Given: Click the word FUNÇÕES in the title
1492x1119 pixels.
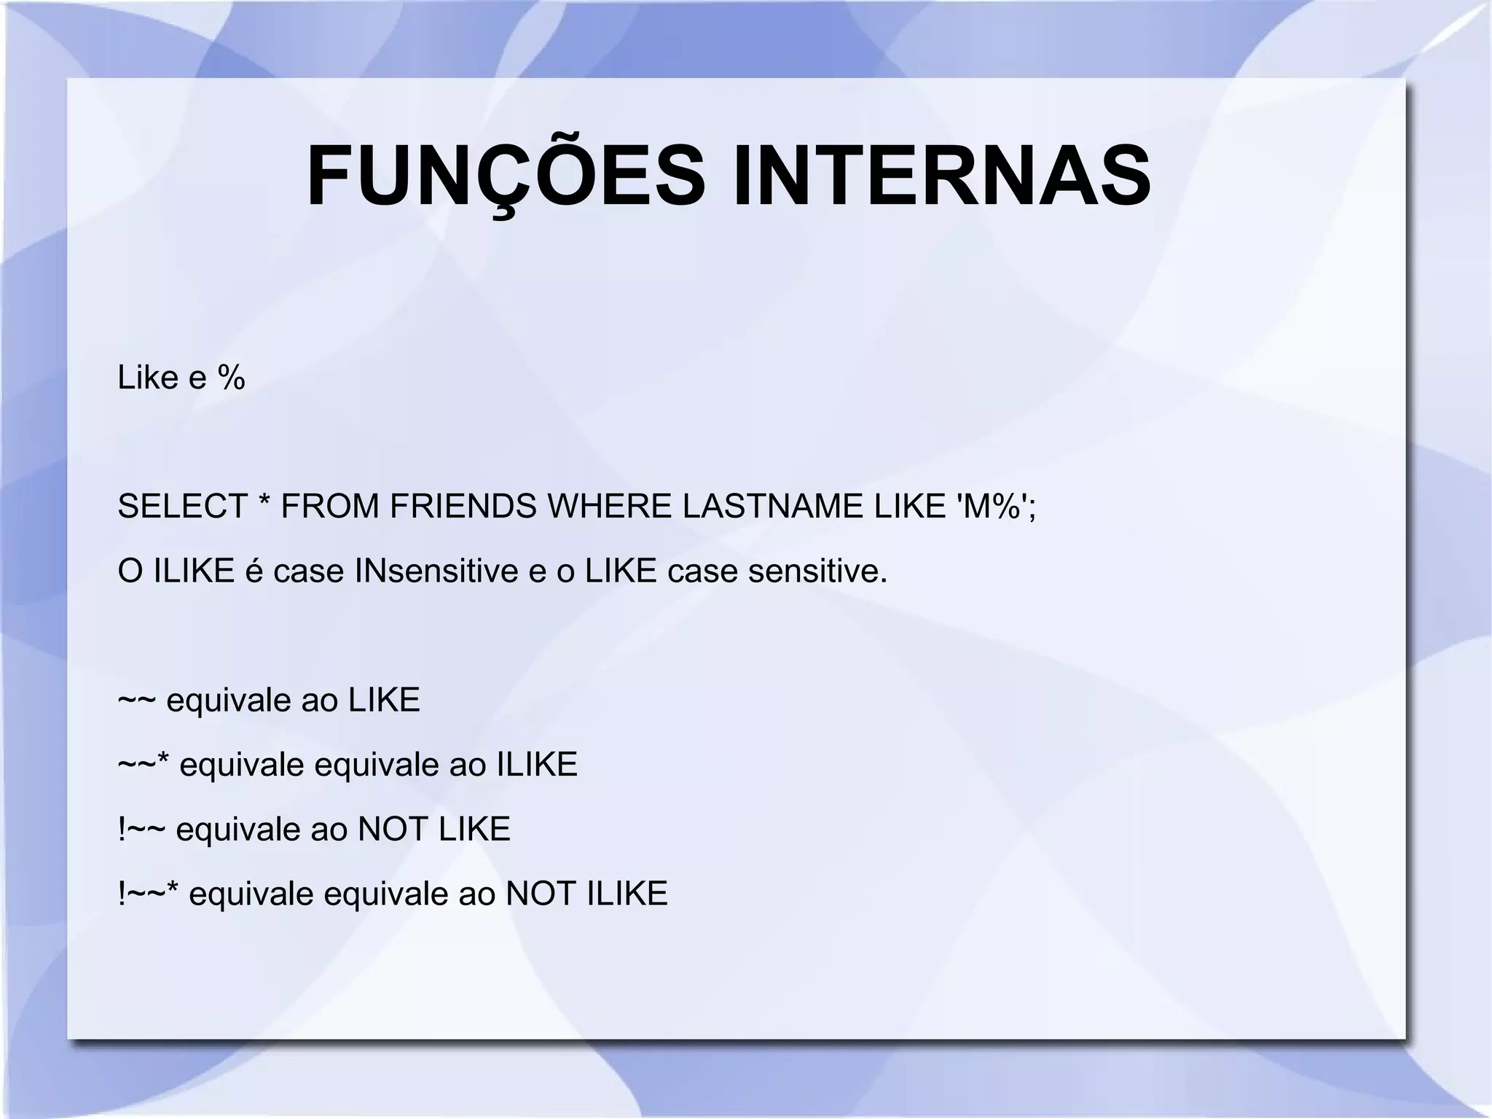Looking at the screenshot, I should (x=506, y=177).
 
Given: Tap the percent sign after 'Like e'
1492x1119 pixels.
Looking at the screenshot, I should (x=232, y=378).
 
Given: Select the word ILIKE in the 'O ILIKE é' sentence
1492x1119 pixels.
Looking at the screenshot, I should (x=194, y=571).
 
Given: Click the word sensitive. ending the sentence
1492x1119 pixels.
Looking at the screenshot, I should (x=818, y=571).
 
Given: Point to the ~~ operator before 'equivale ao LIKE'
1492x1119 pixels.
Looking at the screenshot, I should (x=136, y=701).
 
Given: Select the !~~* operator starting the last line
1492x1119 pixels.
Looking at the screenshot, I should (x=149, y=893).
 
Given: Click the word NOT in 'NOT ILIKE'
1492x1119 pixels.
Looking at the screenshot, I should (x=540, y=894).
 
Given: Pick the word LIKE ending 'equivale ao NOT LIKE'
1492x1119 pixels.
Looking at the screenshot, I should (x=474, y=830).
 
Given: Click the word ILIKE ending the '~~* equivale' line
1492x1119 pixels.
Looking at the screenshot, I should (x=537, y=765).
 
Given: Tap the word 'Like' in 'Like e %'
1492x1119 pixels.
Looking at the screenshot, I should (x=148, y=378).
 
